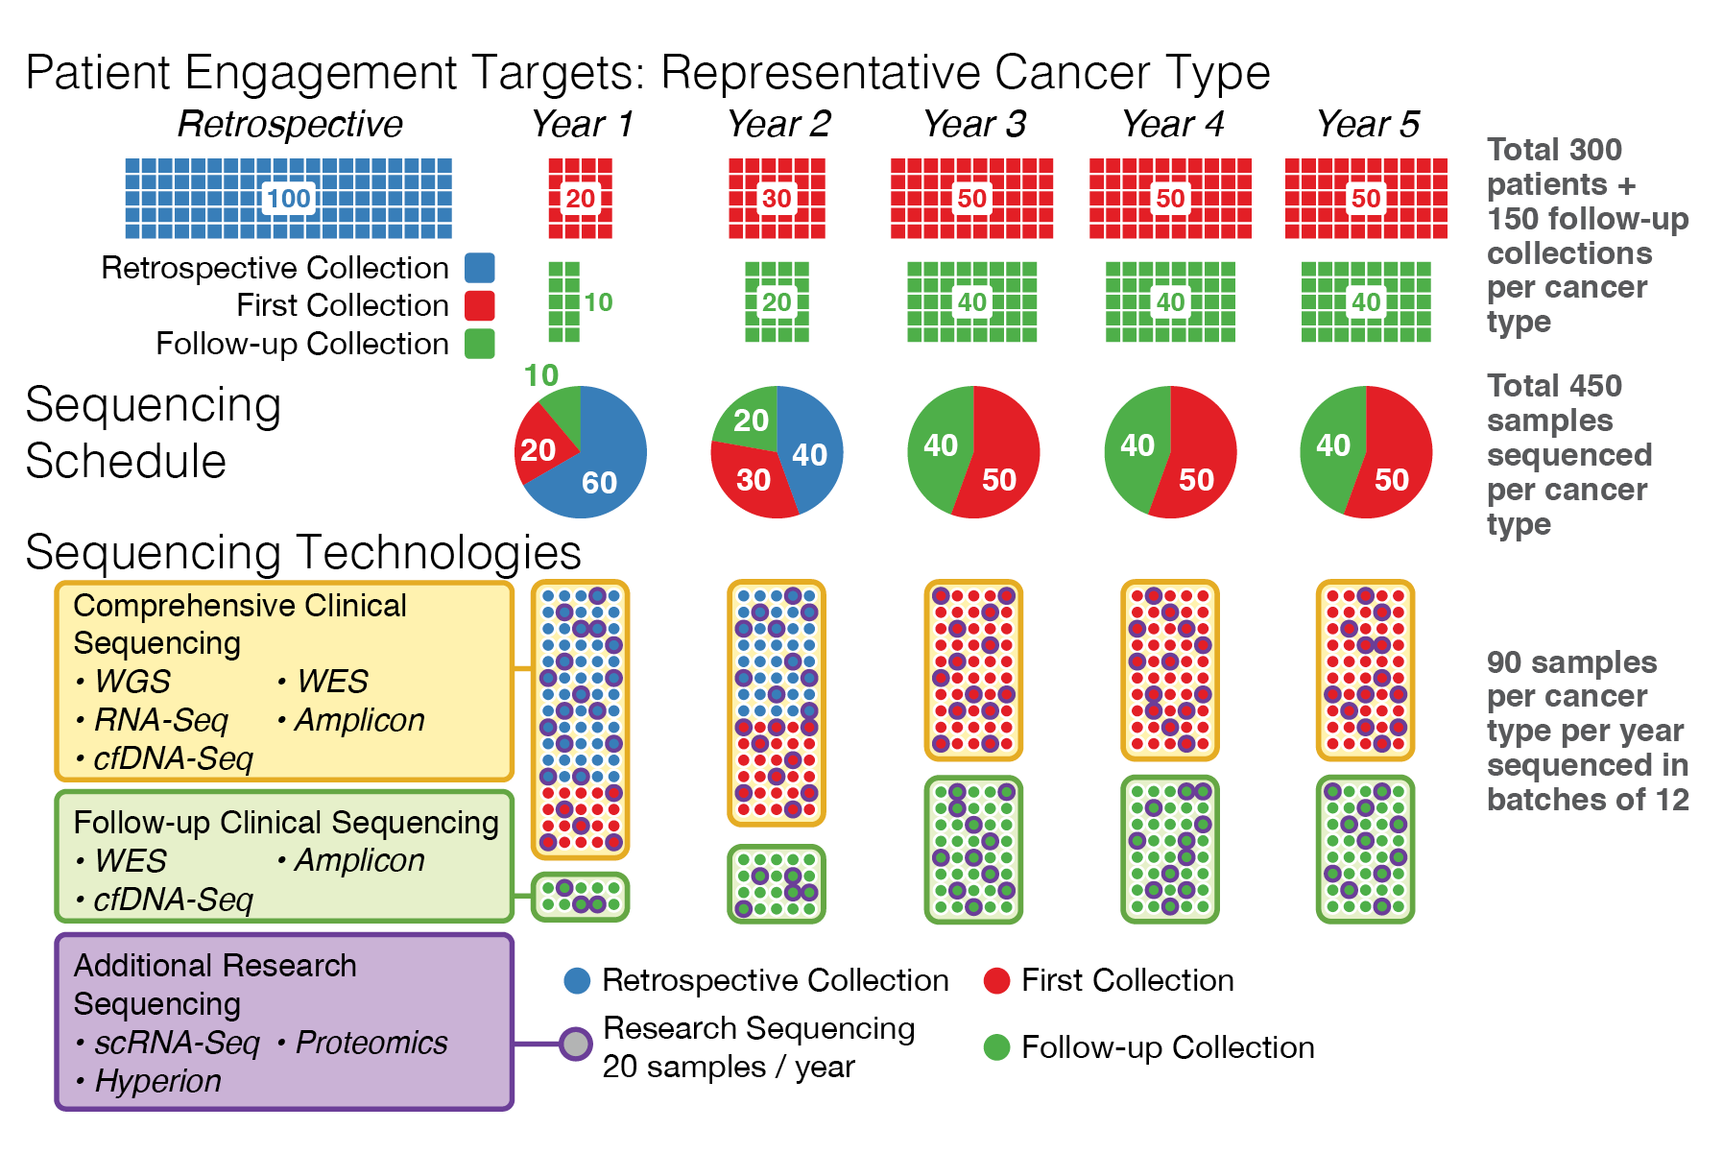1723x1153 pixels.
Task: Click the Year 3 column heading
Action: (974, 124)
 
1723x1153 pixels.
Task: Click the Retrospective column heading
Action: (290, 124)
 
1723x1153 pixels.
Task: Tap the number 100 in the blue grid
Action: (288, 199)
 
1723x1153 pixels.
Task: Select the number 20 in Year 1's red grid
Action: (580, 199)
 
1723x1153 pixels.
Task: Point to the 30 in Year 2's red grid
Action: (777, 199)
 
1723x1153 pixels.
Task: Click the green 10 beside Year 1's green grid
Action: (598, 302)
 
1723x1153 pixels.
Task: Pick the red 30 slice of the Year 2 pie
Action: (754, 479)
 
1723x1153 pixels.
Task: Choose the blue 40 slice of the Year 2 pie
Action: (809, 454)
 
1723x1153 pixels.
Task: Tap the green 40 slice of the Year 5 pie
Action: (1333, 445)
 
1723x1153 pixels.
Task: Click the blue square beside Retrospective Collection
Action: (480, 268)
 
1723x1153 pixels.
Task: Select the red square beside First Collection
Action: (480, 305)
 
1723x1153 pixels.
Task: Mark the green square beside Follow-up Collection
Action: (480, 344)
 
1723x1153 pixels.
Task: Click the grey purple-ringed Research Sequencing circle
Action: (575, 1044)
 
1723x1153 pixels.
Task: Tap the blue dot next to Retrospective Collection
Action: (577, 980)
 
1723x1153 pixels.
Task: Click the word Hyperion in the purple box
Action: (158, 1081)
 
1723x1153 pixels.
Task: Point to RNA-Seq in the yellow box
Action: (161, 720)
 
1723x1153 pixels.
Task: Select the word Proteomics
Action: (371, 1043)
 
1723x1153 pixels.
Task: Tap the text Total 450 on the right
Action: (1554, 386)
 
